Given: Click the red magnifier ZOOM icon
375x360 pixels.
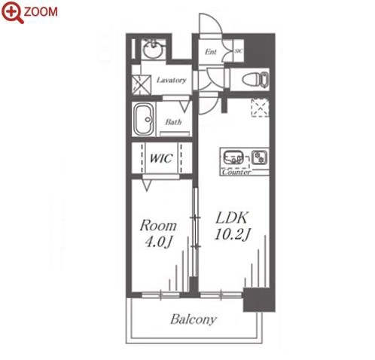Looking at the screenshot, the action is [12, 12].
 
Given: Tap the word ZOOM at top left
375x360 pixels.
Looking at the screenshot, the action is [41, 12].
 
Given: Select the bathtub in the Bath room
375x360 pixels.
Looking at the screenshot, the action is [143, 120].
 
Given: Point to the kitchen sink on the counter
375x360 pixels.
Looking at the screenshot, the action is [233, 157].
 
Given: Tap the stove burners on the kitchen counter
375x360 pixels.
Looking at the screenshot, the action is [259, 157].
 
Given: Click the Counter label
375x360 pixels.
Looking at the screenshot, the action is [236, 172].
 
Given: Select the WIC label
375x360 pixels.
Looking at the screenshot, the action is [161, 158].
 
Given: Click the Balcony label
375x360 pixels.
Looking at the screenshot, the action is [194, 319].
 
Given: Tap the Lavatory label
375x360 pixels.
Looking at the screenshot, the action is [172, 80].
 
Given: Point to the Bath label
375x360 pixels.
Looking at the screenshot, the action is [173, 122].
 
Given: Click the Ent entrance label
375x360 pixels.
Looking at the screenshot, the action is [211, 52].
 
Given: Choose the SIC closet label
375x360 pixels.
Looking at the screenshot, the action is [239, 51].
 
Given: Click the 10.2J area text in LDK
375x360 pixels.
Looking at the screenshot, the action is [233, 235].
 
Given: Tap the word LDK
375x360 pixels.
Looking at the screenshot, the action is [232, 218].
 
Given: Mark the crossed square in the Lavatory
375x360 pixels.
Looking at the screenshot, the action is [142, 85].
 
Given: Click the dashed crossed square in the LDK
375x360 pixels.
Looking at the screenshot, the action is [260, 108].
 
